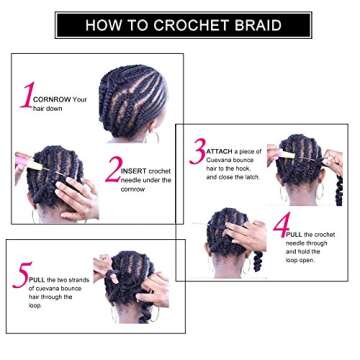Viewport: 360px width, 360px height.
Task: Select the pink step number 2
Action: (113, 169)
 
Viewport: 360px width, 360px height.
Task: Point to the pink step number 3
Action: (197, 152)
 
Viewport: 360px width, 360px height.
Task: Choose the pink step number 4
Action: (280, 225)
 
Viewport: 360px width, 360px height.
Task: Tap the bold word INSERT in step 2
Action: (135, 171)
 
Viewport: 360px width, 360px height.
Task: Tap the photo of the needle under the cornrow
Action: (55, 185)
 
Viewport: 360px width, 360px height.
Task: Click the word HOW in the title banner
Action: (104, 25)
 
